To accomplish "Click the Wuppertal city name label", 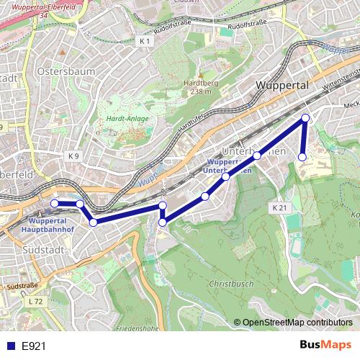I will (x=282, y=86).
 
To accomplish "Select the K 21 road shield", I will (x=280, y=207).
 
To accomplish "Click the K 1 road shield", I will (x=145, y=42).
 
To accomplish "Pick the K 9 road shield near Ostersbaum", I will (x=73, y=156).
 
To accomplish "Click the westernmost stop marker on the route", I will (x=55, y=204).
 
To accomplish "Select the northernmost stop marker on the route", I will (x=305, y=117).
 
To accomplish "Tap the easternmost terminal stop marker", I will (x=302, y=156).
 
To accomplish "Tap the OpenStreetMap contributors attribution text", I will (x=297, y=323).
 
